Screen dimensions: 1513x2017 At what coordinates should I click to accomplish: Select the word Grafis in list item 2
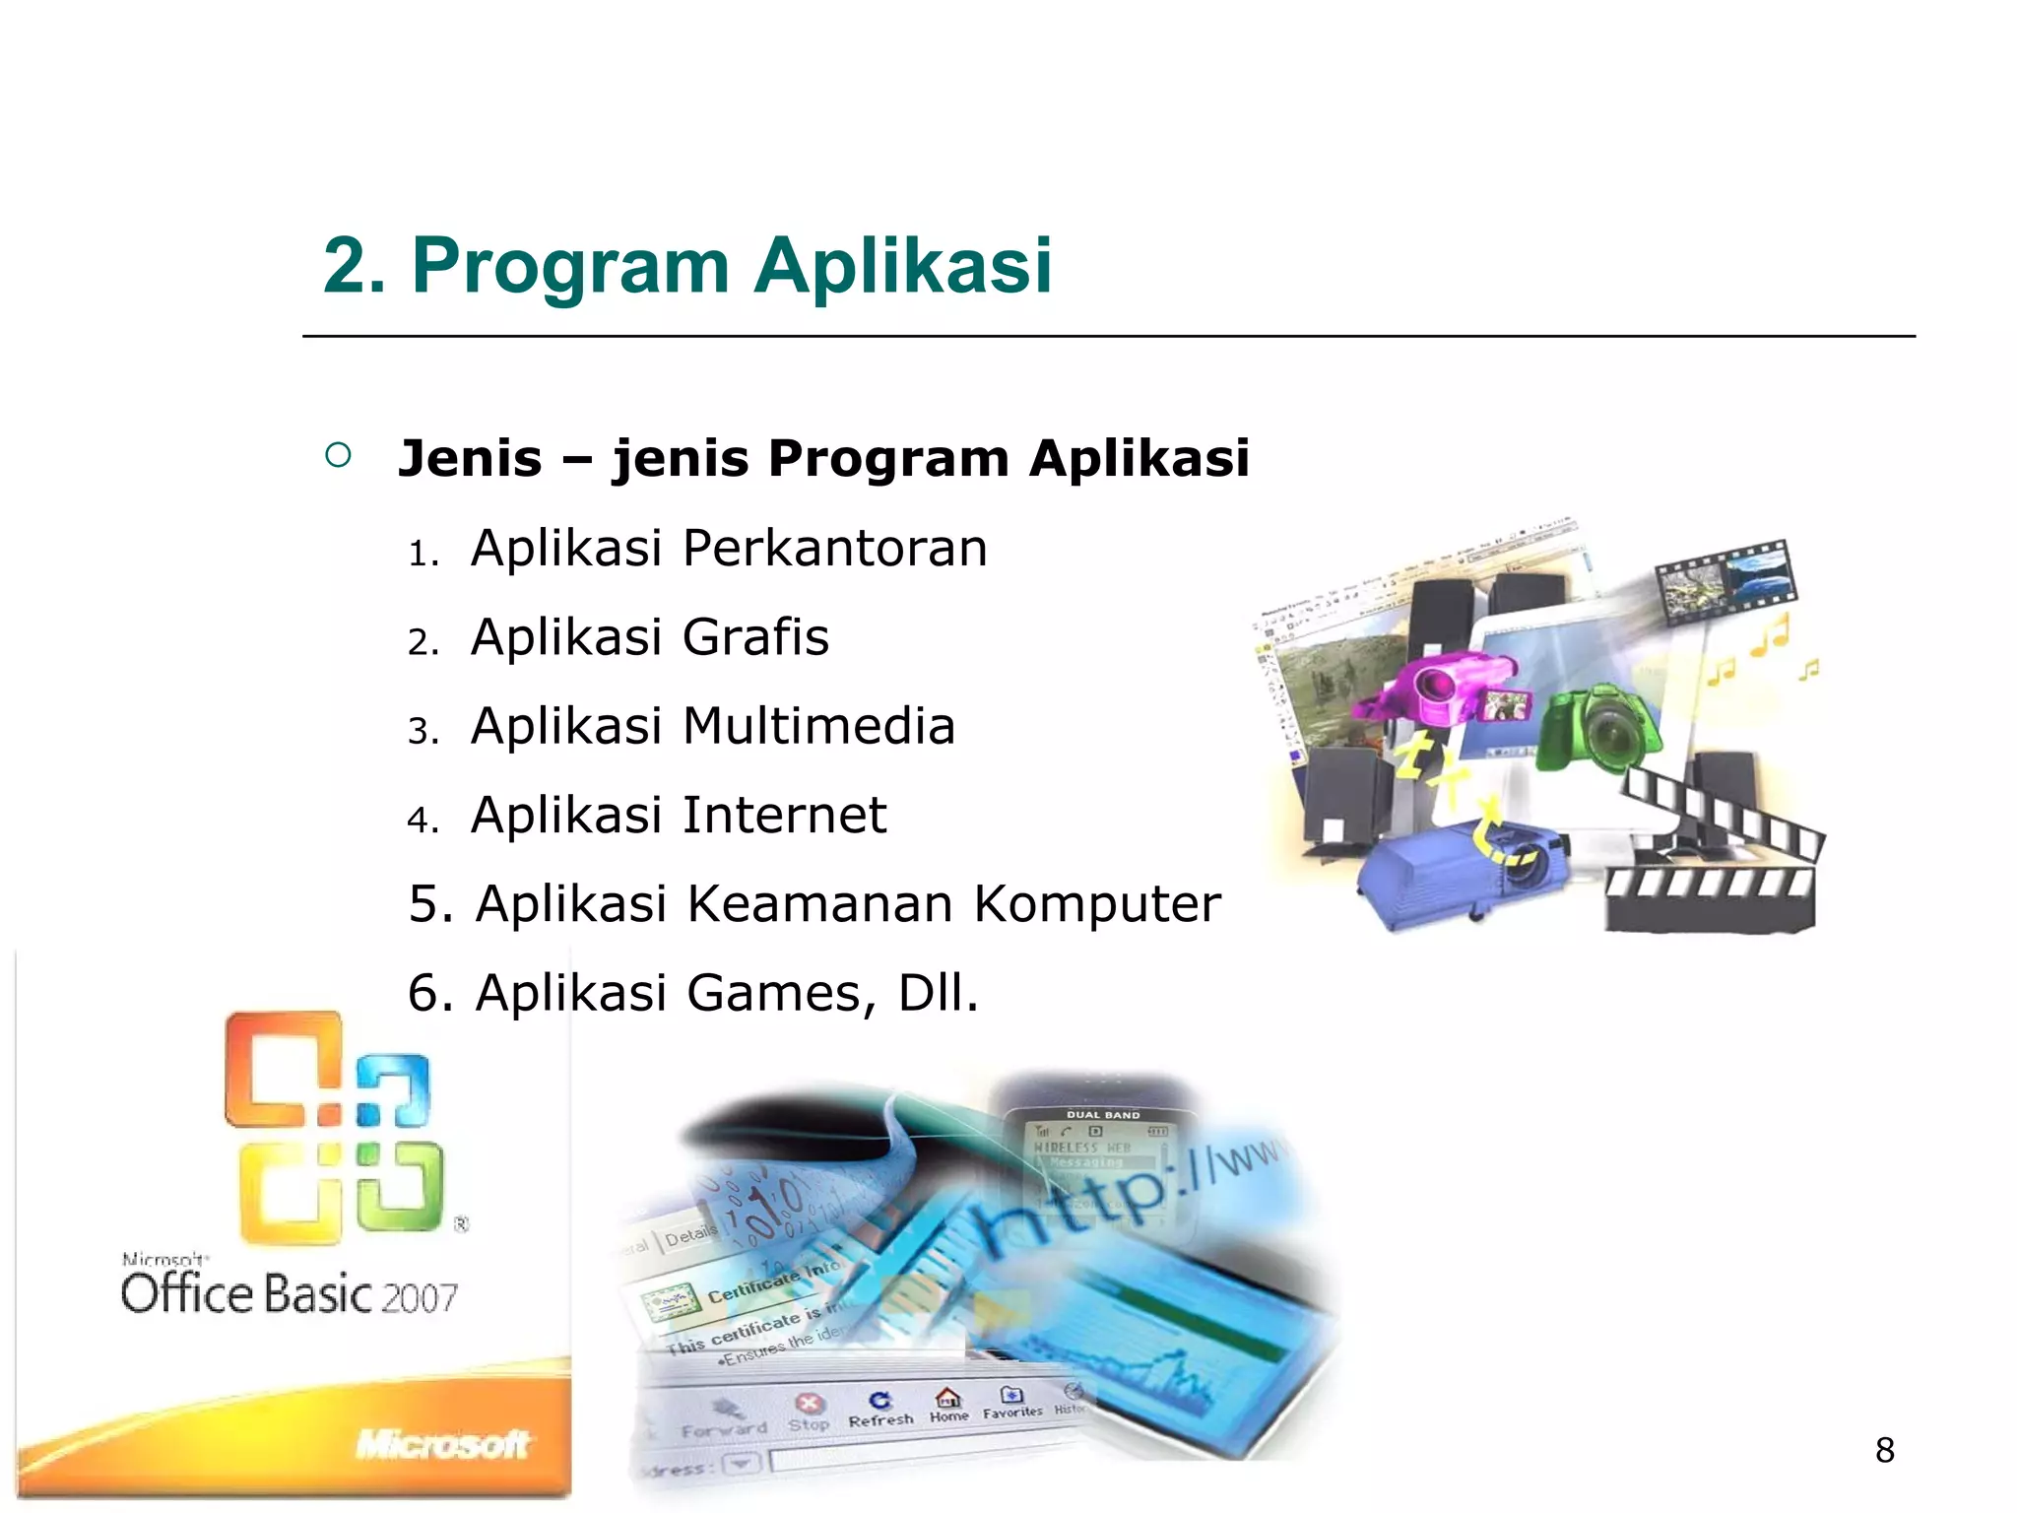point(755,637)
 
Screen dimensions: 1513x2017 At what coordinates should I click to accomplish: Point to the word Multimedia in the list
point(818,726)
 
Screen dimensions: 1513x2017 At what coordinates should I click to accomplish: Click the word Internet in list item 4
point(784,816)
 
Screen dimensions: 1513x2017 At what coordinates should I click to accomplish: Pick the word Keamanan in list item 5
point(819,904)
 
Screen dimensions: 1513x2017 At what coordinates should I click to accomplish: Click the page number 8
point(1884,1450)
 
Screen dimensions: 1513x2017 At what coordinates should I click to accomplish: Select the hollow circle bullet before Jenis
point(338,455)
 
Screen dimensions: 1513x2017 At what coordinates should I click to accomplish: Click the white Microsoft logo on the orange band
point(442,1444)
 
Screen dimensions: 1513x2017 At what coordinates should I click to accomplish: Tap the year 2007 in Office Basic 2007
point(420,1298)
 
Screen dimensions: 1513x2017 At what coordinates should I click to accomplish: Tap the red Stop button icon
point(809,1403)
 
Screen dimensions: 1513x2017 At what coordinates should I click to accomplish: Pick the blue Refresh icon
point(879,1400)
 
